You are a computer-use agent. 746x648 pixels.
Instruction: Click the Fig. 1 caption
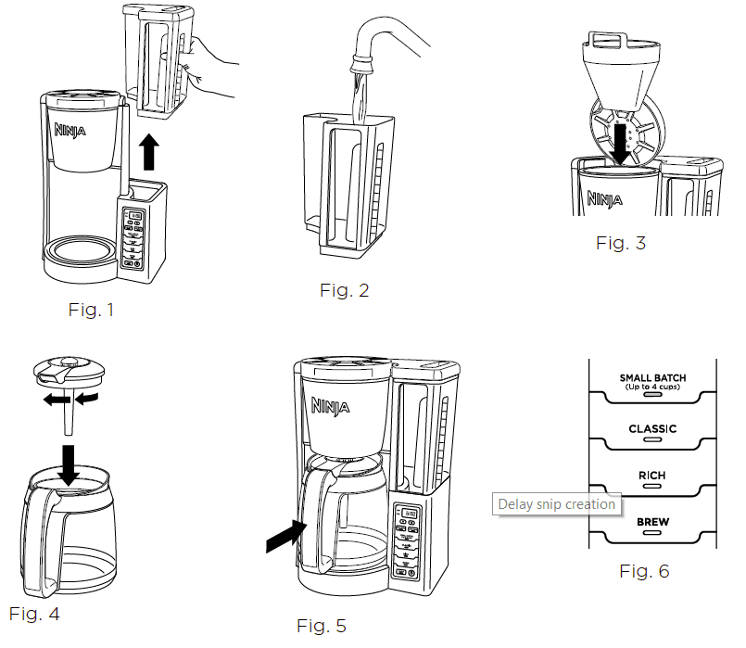point(91,310)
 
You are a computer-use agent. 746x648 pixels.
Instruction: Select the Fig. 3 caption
point(621,244)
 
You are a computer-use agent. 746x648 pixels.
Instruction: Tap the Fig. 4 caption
point(34,613)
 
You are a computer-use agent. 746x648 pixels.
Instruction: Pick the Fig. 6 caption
point(643,571)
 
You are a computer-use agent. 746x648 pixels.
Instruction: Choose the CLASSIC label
point(652,429)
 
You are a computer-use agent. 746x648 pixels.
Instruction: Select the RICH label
point(651,476)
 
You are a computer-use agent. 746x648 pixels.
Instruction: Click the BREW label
point(652,523)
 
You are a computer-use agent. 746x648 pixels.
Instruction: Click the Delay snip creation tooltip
point(556,504)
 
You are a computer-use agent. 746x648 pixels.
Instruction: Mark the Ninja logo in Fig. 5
point(332,405)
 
